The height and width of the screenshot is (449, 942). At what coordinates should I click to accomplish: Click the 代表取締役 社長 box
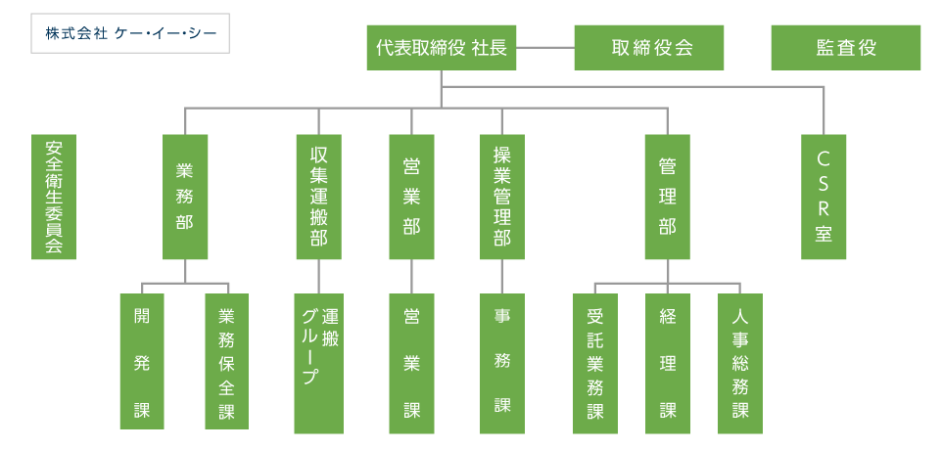pos(442,48)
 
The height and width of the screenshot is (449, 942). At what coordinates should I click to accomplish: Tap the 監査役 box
pos(845,48)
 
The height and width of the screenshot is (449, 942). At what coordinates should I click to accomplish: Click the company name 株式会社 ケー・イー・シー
pos(130,33)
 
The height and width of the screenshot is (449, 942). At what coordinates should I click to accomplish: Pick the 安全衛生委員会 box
pos(54,196)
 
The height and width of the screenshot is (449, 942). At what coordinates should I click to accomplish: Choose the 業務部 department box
pos(184,196)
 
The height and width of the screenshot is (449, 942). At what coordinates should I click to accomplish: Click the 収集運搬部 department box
pos(318,196)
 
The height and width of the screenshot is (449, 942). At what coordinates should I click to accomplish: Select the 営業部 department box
pos(411,196)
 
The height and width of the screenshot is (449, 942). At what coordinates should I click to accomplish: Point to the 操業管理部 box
pos(501,196)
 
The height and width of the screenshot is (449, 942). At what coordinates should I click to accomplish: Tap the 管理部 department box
pos(668,196)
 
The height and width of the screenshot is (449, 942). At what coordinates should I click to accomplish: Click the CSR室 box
pos(824,196)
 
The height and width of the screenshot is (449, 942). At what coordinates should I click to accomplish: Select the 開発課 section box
pos(142,361)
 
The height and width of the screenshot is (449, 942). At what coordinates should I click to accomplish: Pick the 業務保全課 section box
pos(226,361)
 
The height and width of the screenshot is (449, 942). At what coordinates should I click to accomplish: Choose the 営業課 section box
pos(411,361)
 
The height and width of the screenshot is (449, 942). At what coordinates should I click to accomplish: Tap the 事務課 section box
pos(501,361)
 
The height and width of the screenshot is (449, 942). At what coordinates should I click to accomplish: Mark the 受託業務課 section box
pos(595,361)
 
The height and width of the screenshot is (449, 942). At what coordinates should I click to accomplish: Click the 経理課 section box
pos(668,361)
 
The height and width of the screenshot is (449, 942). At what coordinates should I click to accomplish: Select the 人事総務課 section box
pos(739,361)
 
